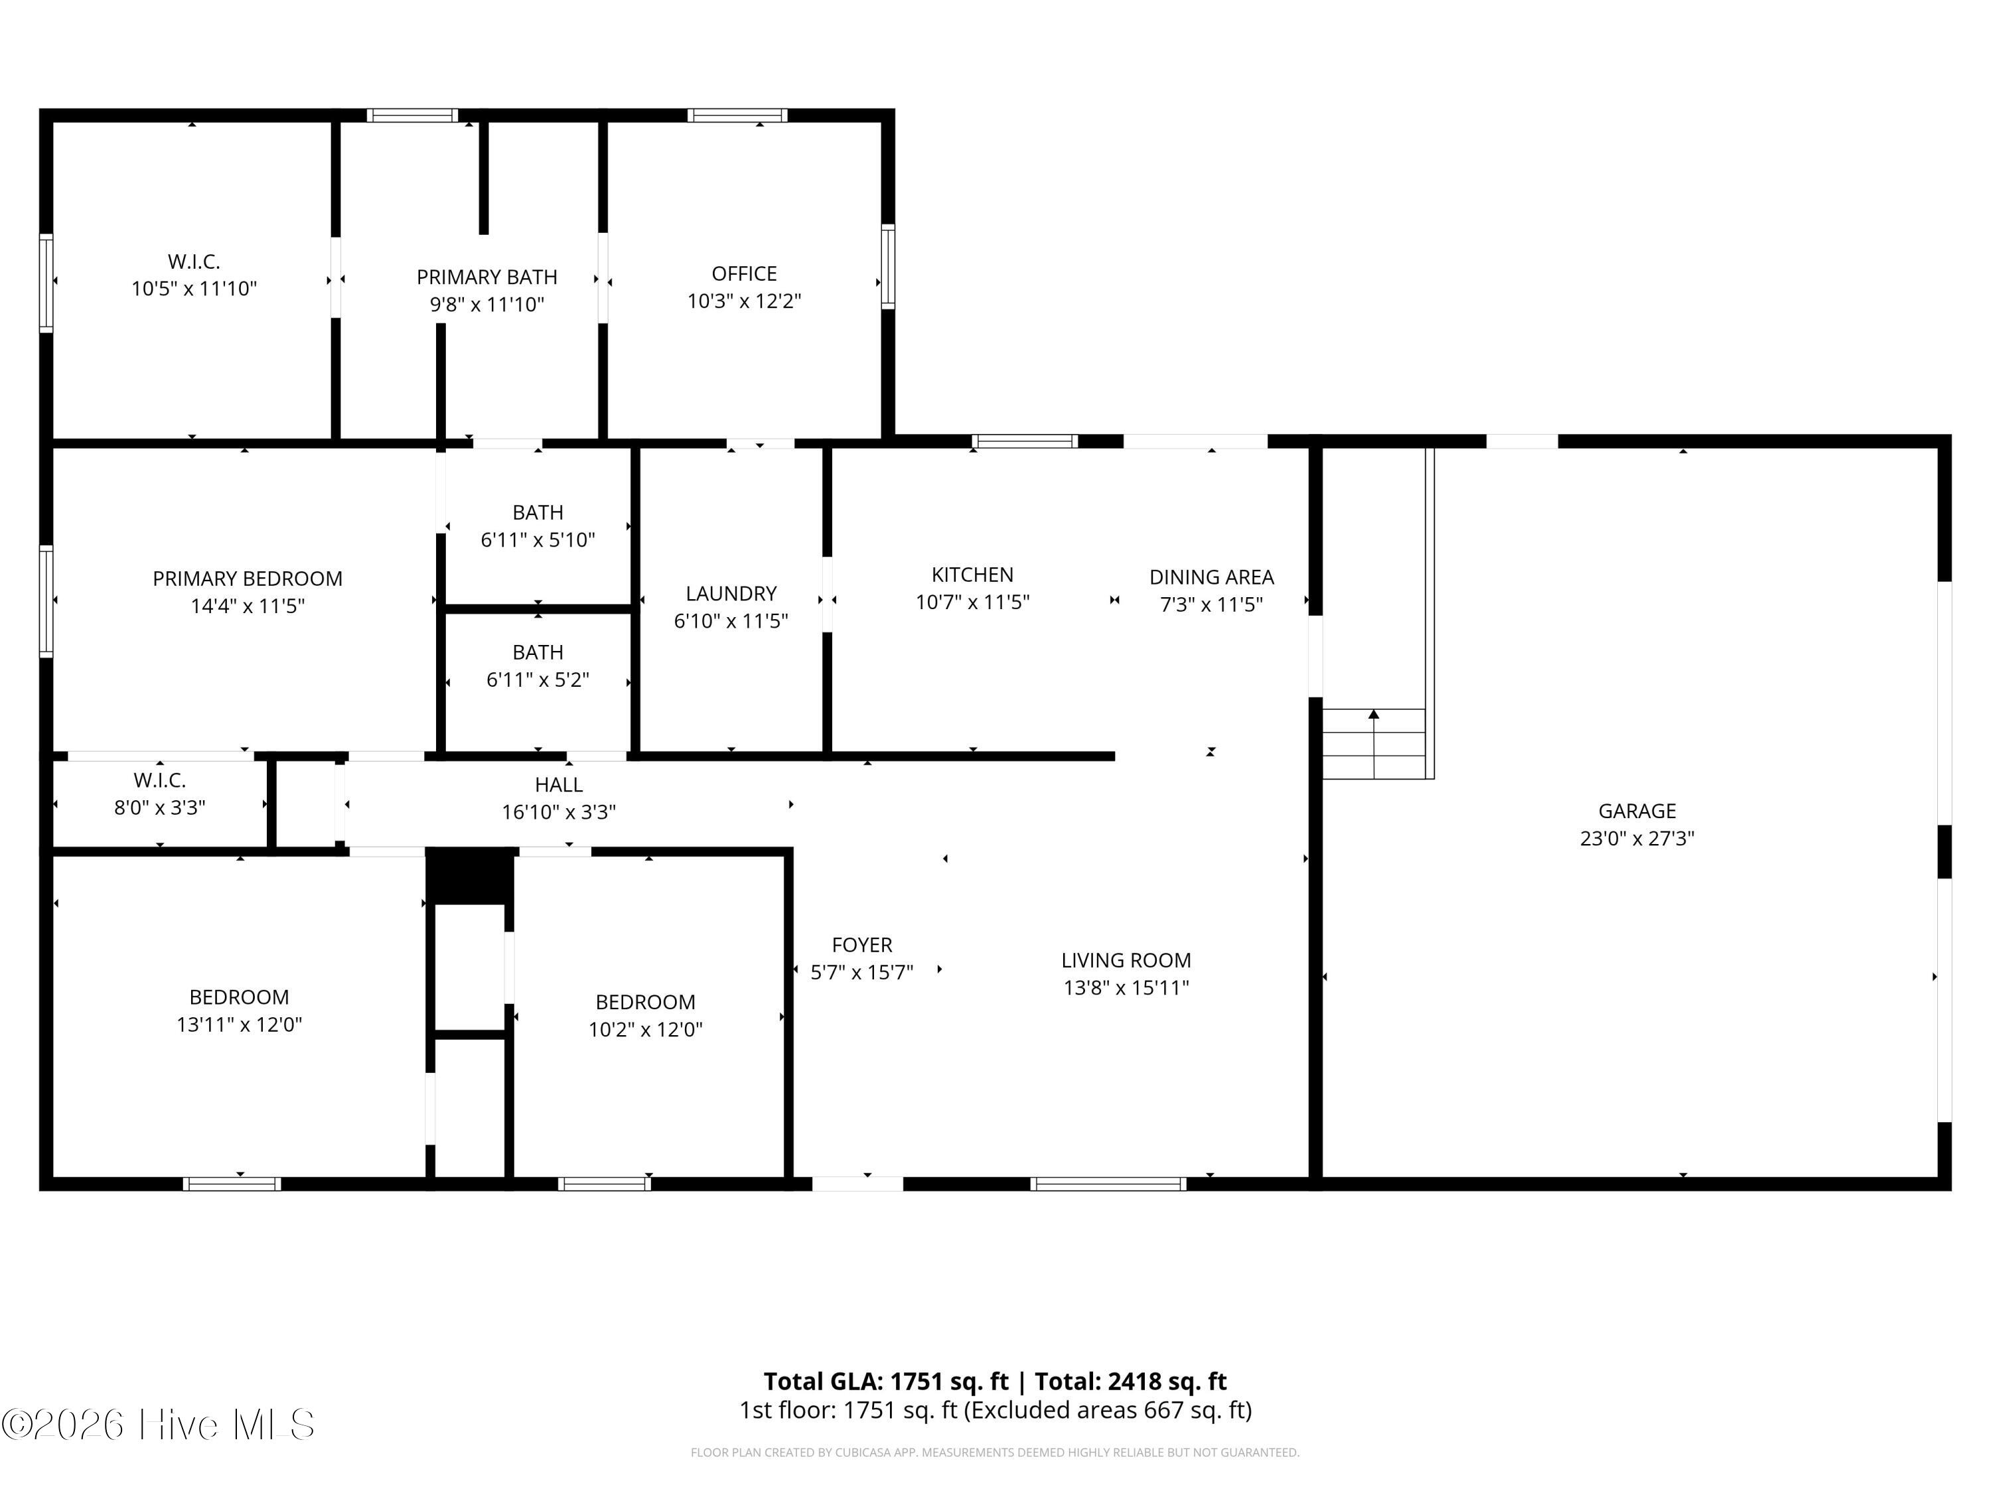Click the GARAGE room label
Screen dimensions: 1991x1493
[x=1637, y=811]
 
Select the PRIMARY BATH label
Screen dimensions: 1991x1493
[x=487, y=277]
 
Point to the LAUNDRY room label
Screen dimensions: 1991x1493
[x=731, y=594]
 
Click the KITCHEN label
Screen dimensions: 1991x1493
[x=972, y=575]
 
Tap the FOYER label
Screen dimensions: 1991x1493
[x=862, y=945]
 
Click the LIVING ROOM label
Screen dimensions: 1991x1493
[x=1126, y=960]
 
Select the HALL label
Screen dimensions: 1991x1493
[x=559, y=785]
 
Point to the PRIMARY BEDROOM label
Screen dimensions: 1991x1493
[x=248, y=579]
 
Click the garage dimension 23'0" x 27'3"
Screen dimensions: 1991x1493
[x=1637, y=839]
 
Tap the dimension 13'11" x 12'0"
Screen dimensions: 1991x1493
[x=240, y=1024]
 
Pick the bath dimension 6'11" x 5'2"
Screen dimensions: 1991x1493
[x=538, y=679]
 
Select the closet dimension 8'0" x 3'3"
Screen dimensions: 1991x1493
[x=159, y=808]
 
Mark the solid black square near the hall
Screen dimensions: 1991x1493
[x=470, y=877]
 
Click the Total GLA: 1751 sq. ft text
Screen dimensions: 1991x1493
[x=887, y=1382]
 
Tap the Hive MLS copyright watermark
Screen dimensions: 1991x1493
[x=159, y=1425]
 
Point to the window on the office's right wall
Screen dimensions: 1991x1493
[x=887, y=266]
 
